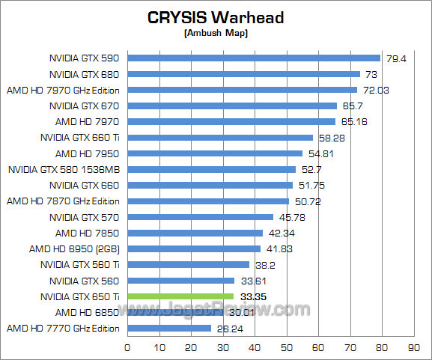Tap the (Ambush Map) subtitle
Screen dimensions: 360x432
click(x=216, y=34)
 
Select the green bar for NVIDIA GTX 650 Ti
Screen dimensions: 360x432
click(x=180, y=296)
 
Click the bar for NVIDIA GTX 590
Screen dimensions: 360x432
click(x=254, y=58)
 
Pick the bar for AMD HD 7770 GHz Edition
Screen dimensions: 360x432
click(x=169, y=328)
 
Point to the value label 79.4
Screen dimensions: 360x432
click(x=395, y=58)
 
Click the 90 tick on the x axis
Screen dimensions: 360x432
click(x=413, y=347)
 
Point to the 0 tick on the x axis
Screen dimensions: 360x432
click(x=127, y=347)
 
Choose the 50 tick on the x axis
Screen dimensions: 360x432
click(x=286, y=347)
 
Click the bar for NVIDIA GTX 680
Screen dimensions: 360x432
click(x=243, y=74)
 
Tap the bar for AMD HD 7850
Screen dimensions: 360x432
click(x=195, y=233)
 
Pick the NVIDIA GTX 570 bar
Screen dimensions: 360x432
click(x=200, y=217)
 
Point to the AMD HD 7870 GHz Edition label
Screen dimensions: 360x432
click(x=64, y=201)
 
